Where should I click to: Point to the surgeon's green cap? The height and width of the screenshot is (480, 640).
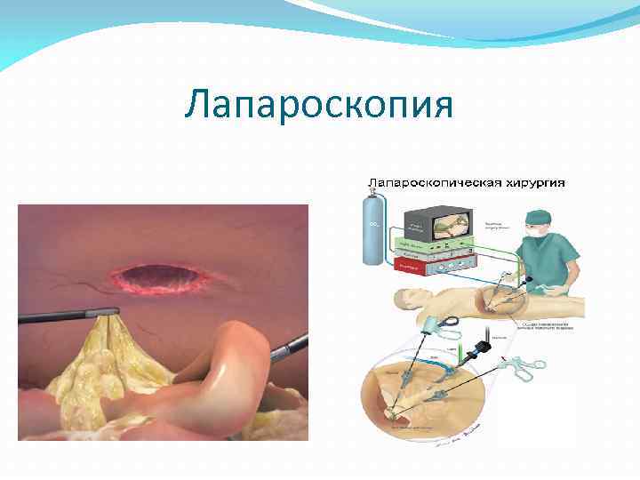click(539, 217)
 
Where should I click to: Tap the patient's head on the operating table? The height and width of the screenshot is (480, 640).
click(405, 298)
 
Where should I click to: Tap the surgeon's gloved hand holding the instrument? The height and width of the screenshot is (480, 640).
click(524, 286)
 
